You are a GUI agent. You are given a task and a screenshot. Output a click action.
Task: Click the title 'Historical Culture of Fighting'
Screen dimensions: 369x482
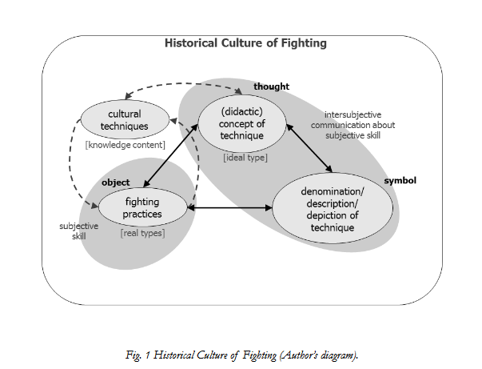click(245, 42)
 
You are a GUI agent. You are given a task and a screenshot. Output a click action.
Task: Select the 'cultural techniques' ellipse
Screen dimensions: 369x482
click(125, 120)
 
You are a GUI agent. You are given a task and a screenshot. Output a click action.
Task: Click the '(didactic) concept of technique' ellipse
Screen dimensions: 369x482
click(241, 124)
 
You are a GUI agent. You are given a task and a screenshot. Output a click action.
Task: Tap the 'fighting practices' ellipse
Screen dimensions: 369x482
click(142, 209)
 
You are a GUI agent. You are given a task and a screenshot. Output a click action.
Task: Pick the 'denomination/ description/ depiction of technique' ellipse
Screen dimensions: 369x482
click(333, 211)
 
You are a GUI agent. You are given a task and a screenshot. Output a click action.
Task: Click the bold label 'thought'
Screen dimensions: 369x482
click(271, 86)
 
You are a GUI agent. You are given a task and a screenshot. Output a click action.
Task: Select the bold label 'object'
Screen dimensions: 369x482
click(115, 182)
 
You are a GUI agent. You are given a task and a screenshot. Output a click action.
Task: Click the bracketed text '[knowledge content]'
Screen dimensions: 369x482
click(125, 145)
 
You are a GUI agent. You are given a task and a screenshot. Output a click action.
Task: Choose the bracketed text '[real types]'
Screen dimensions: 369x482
click(141, 234)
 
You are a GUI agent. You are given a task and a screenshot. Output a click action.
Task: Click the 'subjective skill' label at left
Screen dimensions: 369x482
click(79, 231)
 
